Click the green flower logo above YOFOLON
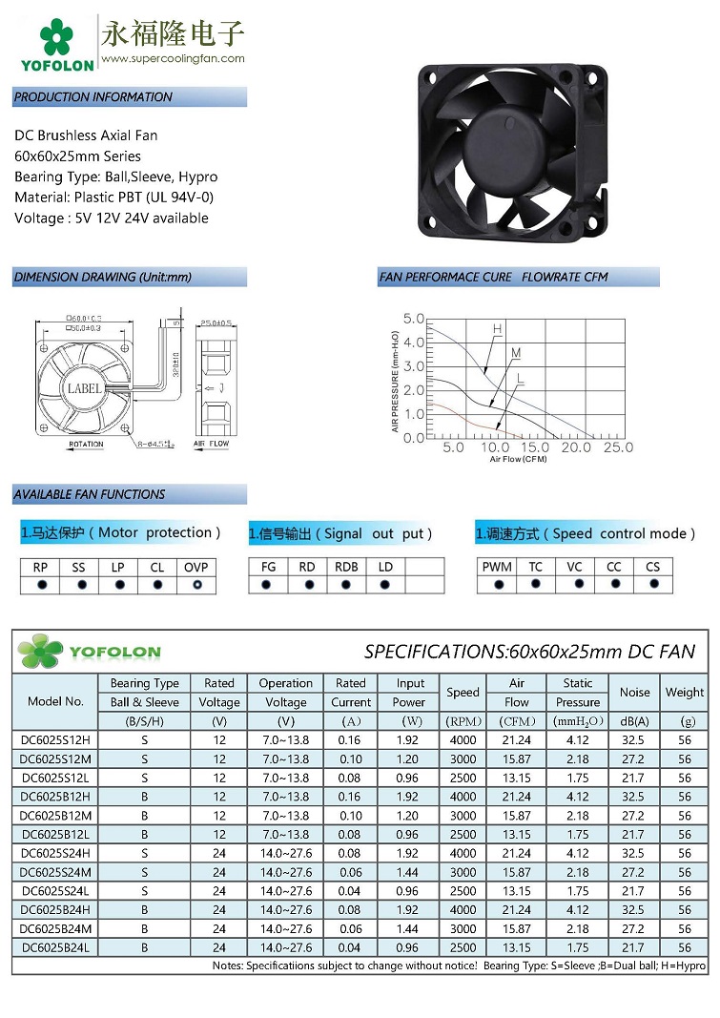tap(56, 37)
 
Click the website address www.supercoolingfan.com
tap(173, 58)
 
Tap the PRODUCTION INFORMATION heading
tap(93, 97)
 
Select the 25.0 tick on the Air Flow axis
tap(618, 447)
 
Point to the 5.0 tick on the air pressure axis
tap(413, 319)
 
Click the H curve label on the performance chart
tap(497, 329)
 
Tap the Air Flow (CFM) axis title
tap(518, 459)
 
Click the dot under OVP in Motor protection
tap(196, 584)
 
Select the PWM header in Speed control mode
tap(497, 567)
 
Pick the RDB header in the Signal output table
tap(346, 567)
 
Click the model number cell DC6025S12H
tap(55, 740)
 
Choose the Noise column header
tap(634, 693)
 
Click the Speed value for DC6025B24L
tap(463, 947)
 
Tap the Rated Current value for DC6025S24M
tap(351, 872)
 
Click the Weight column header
tap(685, 693)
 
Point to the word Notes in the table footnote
tap(227, 966)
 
